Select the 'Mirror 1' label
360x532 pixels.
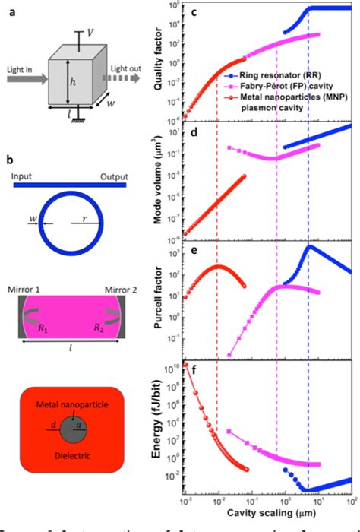(28, 290)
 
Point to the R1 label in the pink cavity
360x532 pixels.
(45, 329)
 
